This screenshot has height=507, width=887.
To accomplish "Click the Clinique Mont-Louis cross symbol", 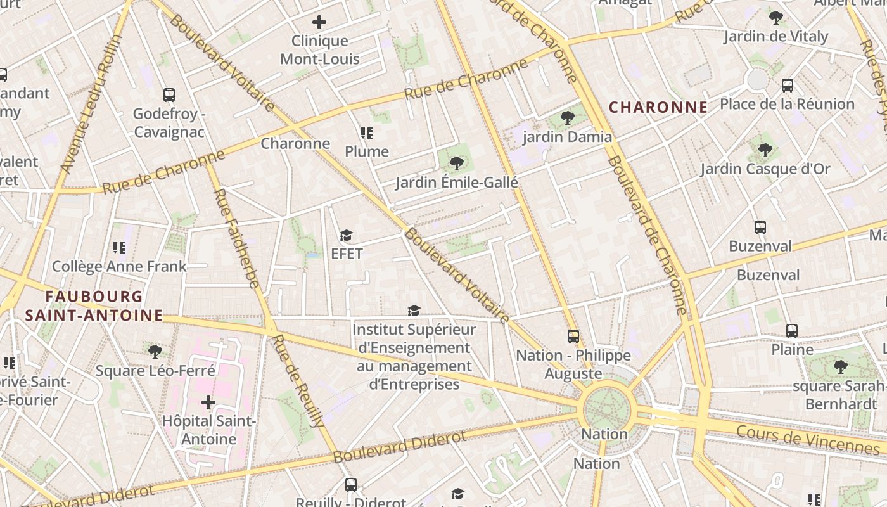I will (319, 22).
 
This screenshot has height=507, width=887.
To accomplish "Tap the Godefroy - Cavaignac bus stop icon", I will (169, 95).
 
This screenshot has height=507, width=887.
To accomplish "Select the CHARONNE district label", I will (658, 108).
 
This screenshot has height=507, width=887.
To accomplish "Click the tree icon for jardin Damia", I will (568, 118).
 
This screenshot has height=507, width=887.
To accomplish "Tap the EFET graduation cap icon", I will (346, 236).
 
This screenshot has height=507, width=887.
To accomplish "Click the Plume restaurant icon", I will (367, 133).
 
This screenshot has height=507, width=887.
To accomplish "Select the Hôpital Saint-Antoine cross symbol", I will (208, 402).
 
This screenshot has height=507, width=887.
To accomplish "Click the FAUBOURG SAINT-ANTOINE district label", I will (94, 306).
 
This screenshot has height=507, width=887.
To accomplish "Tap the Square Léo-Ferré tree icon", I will (155, 352).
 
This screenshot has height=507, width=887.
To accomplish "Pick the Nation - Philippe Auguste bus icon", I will (573, 337).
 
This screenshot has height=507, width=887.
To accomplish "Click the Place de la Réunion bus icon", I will (788, 86).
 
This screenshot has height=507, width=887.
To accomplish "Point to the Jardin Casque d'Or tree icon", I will (765, 150).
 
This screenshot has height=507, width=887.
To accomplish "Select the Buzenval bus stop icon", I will (760, 228).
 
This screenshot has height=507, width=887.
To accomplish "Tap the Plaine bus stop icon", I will (792, 331).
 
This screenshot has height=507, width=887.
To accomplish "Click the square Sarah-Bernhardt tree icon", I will (841, 366).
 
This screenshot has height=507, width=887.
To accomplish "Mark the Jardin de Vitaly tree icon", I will (776, 18).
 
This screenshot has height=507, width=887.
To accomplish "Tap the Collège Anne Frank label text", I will (119, 266).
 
